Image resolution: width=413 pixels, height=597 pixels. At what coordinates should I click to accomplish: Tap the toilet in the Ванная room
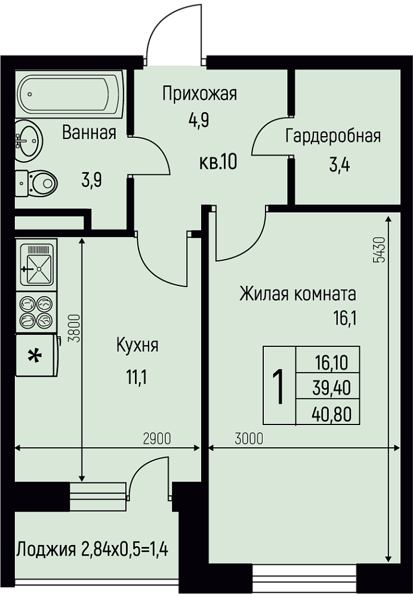(x=36, y=184)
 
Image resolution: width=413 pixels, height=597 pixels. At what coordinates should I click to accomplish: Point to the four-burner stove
(x=36, y=312)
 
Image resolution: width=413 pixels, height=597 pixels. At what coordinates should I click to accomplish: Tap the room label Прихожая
(x=199, y=94)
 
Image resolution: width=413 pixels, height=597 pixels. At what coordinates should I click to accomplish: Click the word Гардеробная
(x=333, y=136)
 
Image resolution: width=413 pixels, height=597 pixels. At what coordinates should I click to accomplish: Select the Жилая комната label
(x=298, y=294)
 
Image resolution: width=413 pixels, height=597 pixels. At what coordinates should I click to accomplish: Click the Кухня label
(x=137, y=346)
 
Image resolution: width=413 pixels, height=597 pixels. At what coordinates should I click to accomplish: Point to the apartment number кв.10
(x=218, y=162)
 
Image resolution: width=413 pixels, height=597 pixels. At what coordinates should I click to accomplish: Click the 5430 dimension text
(x=380, y=250)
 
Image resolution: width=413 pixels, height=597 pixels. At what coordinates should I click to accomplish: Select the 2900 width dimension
(x=157, y=439)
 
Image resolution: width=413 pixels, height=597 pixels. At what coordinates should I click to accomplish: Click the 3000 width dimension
(x=249, y=439)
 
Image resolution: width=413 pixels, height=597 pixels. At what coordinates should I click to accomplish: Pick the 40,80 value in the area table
(x=331, y=414)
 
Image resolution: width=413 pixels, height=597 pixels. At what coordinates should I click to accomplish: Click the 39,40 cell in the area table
(x=331, y=389)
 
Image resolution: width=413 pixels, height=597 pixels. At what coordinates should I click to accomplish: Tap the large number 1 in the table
(x=279, y=386)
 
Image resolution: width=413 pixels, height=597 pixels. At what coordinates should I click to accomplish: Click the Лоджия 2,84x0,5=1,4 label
(x=93, y=550)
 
